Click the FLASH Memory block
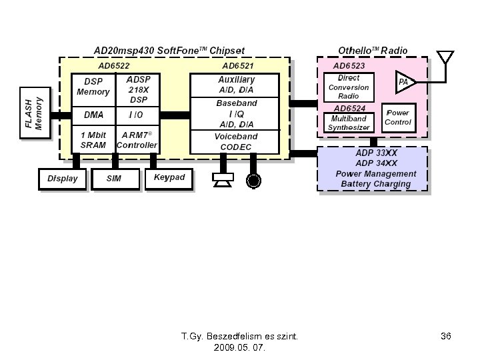[x=34, y=113]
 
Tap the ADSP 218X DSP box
[x=138, y=89]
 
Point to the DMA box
[x=93, y=115]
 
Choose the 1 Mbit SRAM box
[x=93, y=139]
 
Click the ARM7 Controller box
[x=137, y=139]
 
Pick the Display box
[x=63, y=179]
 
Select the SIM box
[x=114, y=179]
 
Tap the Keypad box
[x=169, y=178]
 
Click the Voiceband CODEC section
[x=236, y=141]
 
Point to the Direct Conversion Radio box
[x=349, y=87]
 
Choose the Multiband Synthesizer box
[x=349, y=123]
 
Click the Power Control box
[x=398, y=118]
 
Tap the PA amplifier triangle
[x=403, y=82]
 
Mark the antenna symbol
[x=445, y=57]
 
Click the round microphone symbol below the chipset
[x=253, y=179]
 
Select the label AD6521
[x=238, y=66]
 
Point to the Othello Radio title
[x=373, y=50]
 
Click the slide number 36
[x=446, y=337]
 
